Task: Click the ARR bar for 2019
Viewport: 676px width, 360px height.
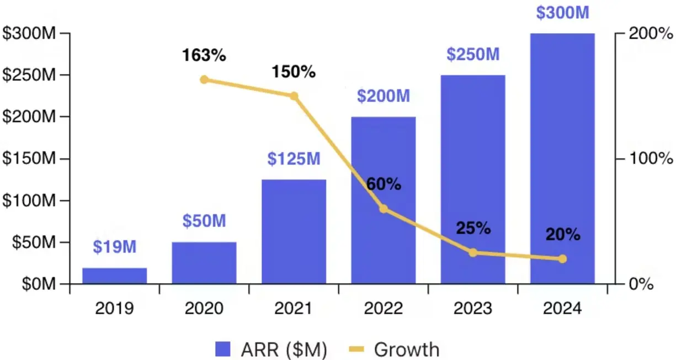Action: click(x=115, y=276)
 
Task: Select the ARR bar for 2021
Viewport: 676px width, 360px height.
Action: click(x=294, y=231)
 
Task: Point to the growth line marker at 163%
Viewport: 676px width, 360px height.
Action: click(x=204, y=80)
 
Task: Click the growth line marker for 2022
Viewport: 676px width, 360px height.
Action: click(x=384, y=209)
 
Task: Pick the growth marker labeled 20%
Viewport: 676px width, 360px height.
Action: click(x=562, y=258)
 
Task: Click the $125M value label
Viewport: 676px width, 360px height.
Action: click(x=294, y=159)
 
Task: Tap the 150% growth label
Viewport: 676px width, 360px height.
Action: click(x=293, y=72)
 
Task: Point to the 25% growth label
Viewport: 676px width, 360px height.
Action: click(x=473, y=228)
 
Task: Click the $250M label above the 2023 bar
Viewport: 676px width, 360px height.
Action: click(x=473, y=55)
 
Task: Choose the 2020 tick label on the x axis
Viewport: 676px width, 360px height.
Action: click(x=204, y=308)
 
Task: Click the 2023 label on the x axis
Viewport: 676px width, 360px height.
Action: click(x=473, y=308)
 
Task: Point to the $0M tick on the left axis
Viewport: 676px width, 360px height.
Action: click(x=37, y=284)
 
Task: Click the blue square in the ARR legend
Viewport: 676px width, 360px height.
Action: click(x=223, y=349)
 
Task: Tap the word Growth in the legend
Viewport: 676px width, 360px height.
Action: click(x=407, y=349)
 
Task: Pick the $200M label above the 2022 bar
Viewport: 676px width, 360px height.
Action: click(x=384, y=97)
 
